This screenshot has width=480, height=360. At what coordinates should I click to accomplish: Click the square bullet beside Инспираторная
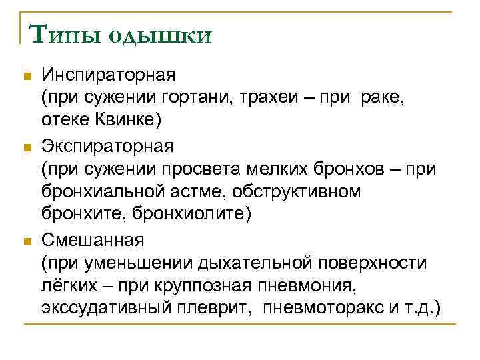pyautogui.click(x=27, y=75)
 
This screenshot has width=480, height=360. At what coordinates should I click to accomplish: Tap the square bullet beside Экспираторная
pyautogui.click(x=27, y=147)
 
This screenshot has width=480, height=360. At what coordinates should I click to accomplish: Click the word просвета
pyautogui.click(x=205, y=169)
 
